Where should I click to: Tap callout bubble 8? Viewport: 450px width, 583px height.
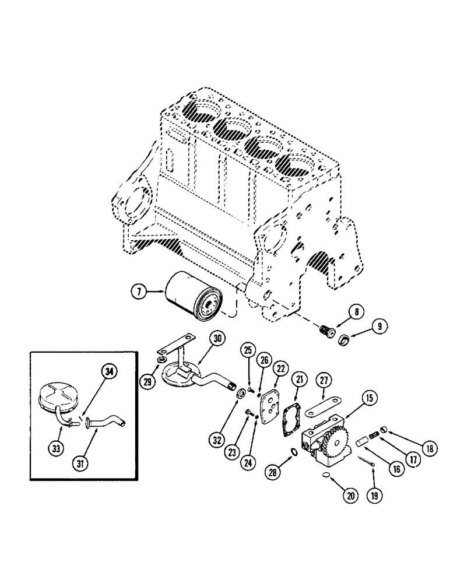point(353,313)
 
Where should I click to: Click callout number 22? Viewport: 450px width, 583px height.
point(281,368)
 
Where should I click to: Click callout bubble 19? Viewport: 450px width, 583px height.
point(373,496)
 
